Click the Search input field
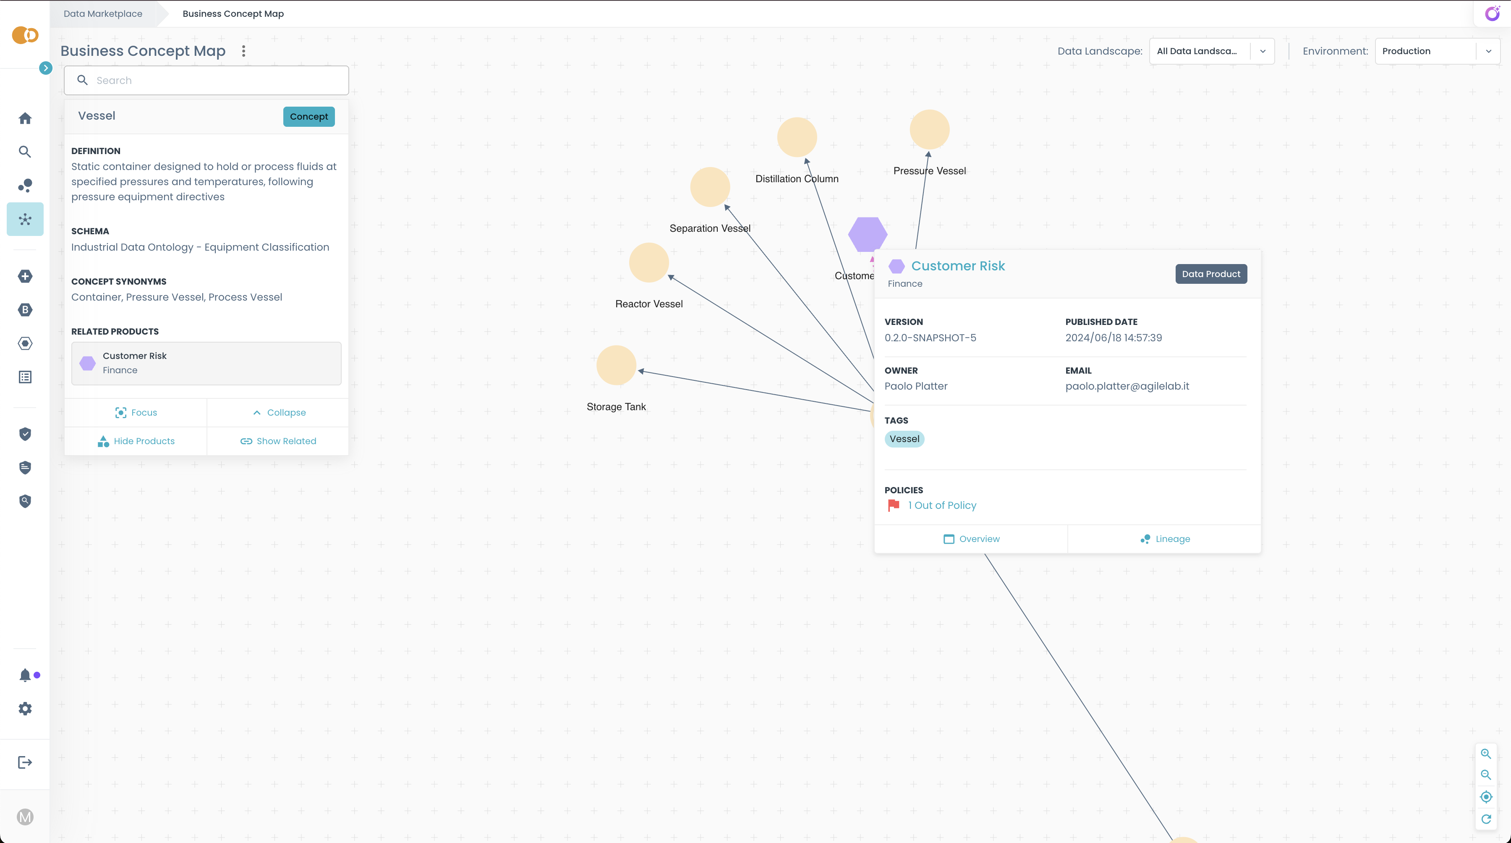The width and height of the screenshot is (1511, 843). click(x=217, y=80)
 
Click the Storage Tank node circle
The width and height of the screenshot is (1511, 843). click(x=616, y=365)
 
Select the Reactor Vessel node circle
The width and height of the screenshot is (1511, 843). click(x=649, y=262)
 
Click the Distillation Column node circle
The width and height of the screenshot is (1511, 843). click(x=797, y=137)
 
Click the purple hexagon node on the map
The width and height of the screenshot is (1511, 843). click(x=867, y=233)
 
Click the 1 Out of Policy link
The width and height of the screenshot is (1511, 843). click(x=941, y=505)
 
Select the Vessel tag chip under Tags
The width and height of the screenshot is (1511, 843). click(x=904, y=439)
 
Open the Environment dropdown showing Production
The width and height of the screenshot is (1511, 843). click(x=1437, y=51)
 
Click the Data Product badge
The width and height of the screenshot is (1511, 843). click(x=1210, y=274)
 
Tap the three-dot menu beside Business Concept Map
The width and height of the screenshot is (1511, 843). click(x=243, y=51)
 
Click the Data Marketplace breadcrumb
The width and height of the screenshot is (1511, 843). click(x=103, y=13)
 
